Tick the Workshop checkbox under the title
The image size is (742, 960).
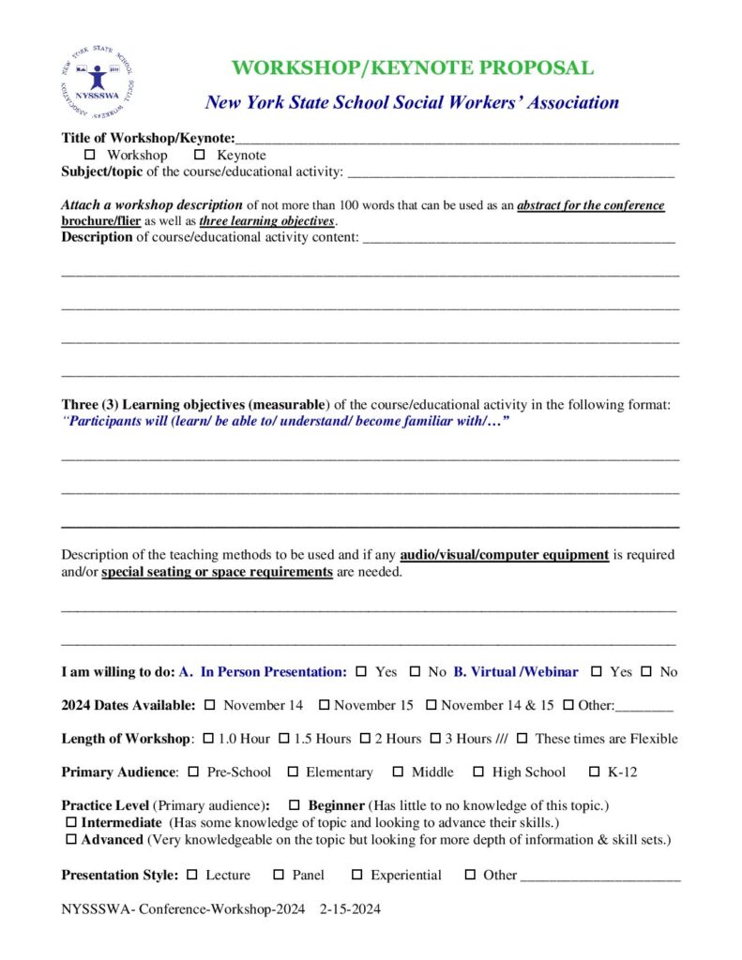[x=91, y=155]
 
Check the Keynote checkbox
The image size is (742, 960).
[x=199, y=155]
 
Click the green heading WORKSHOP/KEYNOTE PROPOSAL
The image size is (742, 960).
[x=412, y=68]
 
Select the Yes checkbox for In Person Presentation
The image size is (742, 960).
[x=360, y=671]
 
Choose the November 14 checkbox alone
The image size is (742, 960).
[x=209, y=704]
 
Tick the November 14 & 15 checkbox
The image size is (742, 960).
[x=432, y=704]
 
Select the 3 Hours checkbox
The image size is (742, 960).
[x=435, y=738]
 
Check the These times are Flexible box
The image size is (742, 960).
[x=522, y=738]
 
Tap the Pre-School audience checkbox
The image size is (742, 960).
[x=193, y=772]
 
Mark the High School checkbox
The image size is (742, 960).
[x=478, y=772]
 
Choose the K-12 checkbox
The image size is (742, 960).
[x=593, y=772]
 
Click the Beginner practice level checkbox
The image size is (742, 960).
[x=295, y=805]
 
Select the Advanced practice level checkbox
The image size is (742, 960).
[x=72, y=839]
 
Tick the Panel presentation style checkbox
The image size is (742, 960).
[x=279, y=875]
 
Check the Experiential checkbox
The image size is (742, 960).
[x=356, y=875]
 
